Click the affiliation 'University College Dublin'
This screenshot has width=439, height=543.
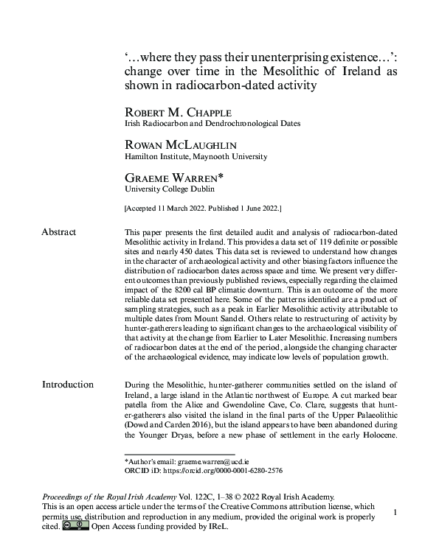[162, 189]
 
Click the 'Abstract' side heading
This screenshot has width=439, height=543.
[58, 232]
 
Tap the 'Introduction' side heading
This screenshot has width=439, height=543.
[67, 384]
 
